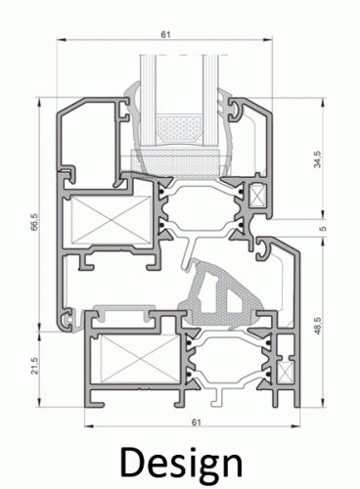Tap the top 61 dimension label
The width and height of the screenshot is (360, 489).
click(165, 34)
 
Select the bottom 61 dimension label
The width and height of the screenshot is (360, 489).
click(196, 422)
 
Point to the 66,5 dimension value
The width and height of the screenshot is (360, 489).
click(34, 222)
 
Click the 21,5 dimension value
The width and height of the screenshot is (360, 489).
click(34, 366)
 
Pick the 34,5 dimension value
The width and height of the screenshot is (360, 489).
click(317, 159)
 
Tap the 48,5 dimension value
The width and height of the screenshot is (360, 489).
click(317, 326)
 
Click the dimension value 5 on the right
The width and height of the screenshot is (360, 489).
click(323, 228)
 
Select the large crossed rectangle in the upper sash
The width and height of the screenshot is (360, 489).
click(111, 220)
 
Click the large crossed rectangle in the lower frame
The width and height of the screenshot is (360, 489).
click(140, 358)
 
